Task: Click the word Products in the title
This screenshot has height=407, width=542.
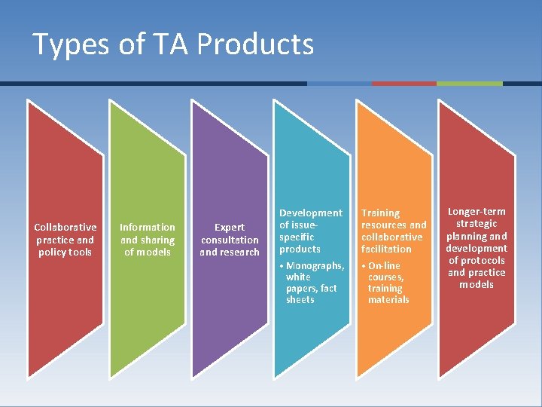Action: coord(257,44)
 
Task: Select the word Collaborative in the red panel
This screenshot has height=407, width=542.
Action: coord(65,227)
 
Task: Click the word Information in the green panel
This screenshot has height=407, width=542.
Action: coord(148,227)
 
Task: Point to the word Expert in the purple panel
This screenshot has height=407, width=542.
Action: coord(230,227)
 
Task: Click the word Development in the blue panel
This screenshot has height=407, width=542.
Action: coord(310,213)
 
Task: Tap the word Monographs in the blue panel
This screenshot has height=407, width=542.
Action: coord(315,266)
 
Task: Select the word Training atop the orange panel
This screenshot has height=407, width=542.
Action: coord(381,213)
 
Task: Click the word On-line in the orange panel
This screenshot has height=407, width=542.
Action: coord(385,266)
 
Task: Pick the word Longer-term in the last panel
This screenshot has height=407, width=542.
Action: coord(477,212)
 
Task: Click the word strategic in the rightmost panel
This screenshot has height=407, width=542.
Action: coord(477,224)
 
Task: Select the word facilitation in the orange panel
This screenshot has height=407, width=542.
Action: coord(386,249)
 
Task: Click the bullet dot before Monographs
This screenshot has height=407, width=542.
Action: coord(282,266)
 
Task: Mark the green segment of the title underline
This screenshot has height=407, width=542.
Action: coord(469,84)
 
